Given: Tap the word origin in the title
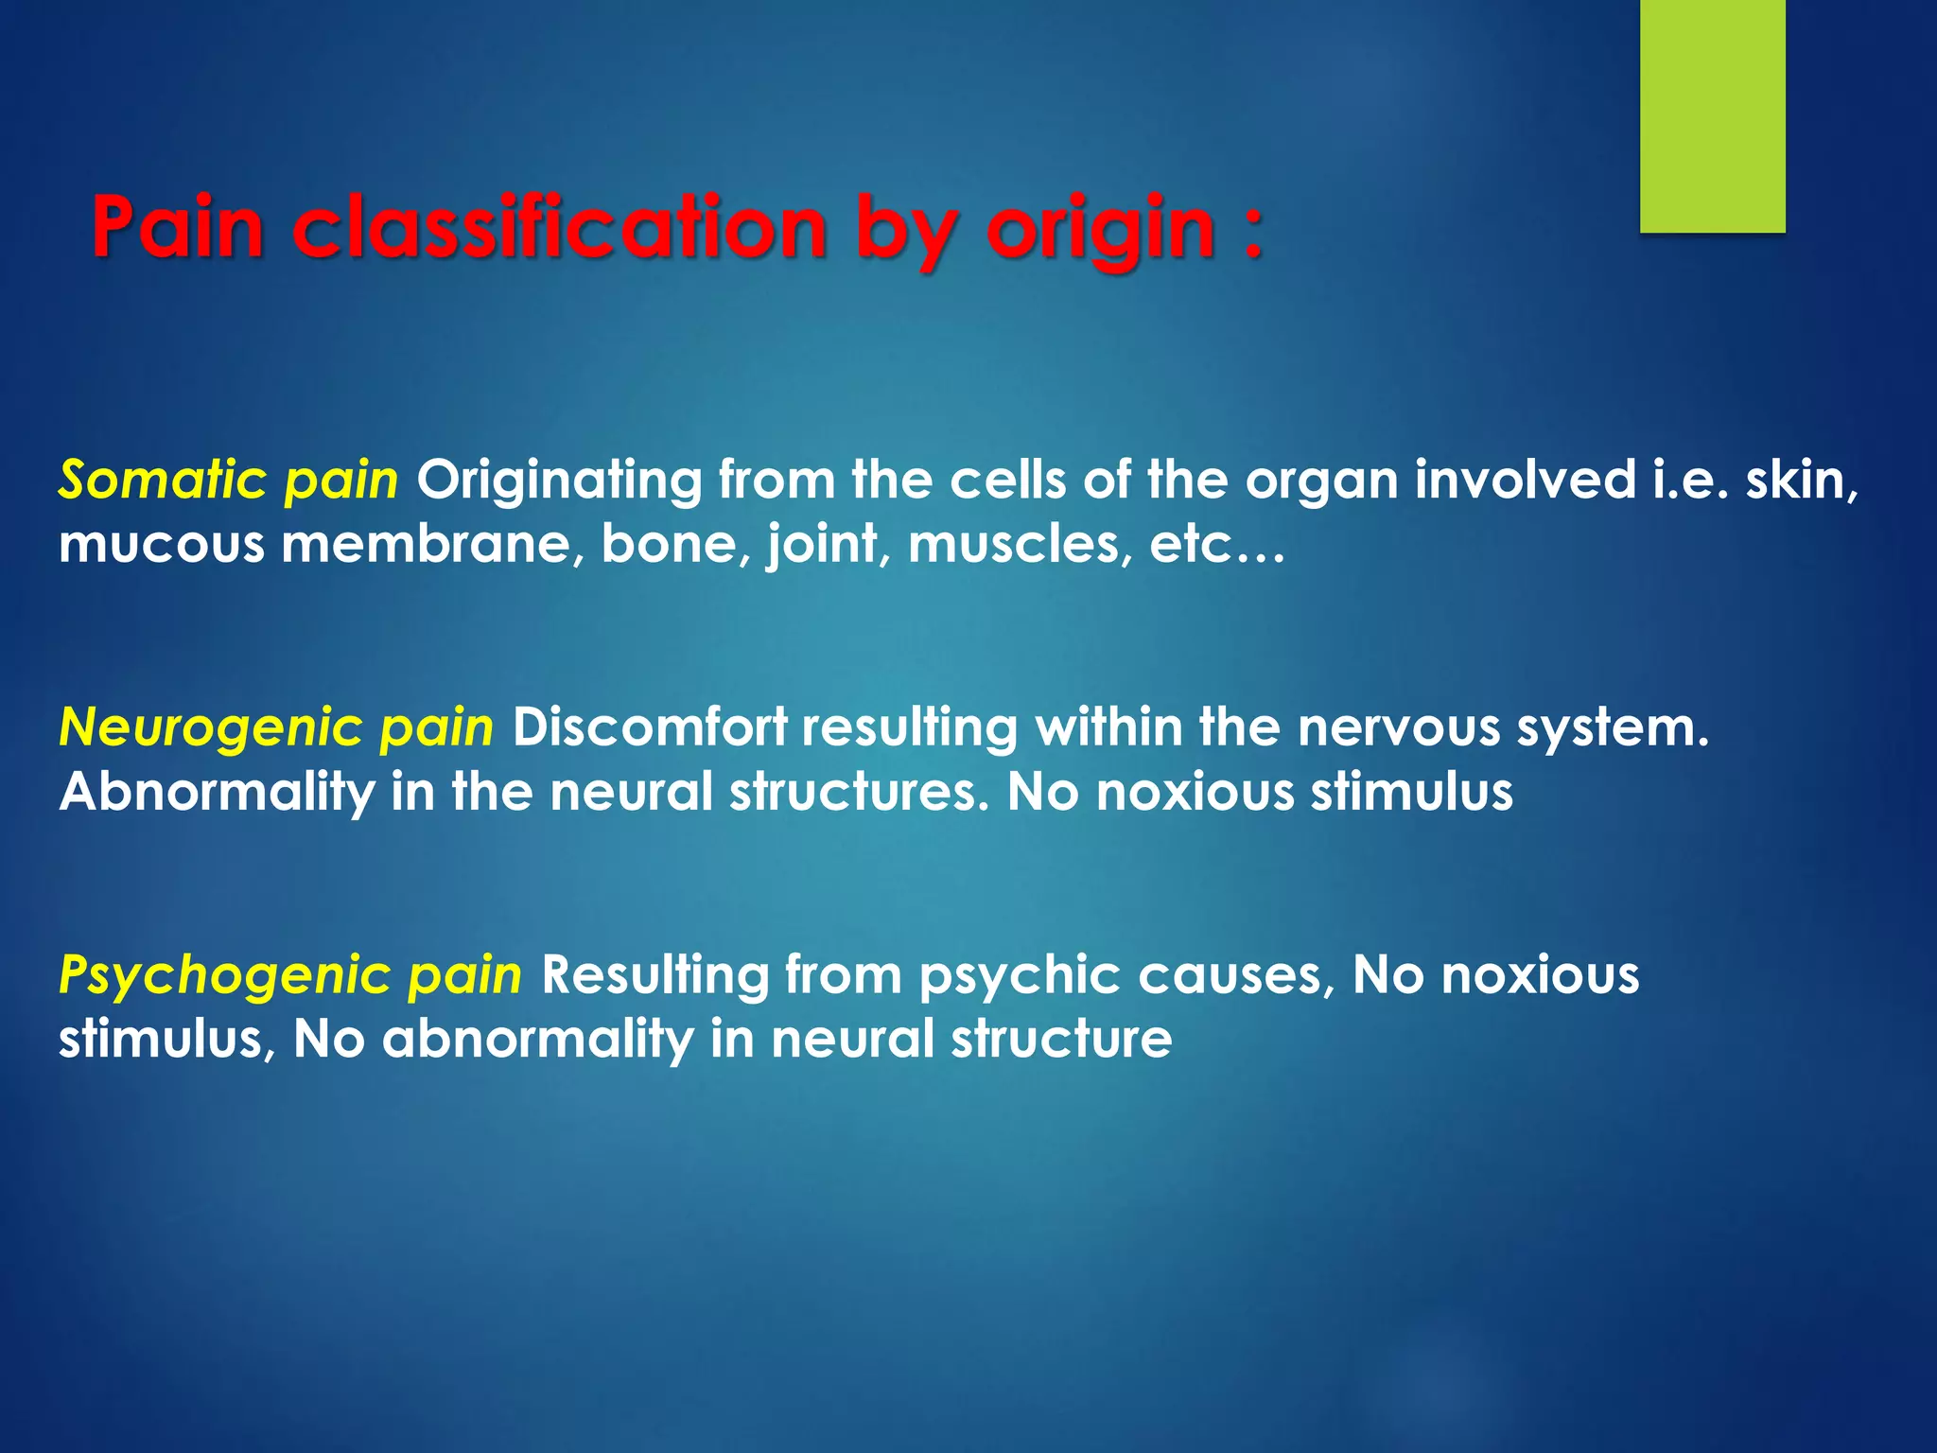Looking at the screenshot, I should (1101, 230).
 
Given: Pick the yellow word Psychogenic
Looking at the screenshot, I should (223, 975).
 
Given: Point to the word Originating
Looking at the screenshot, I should (559, 481).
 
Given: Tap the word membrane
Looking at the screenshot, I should (431, 544).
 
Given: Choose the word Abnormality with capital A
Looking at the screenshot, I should (217, 792).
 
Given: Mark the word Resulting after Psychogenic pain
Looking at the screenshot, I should (654, 975).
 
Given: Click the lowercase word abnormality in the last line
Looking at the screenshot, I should (537, 1040).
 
